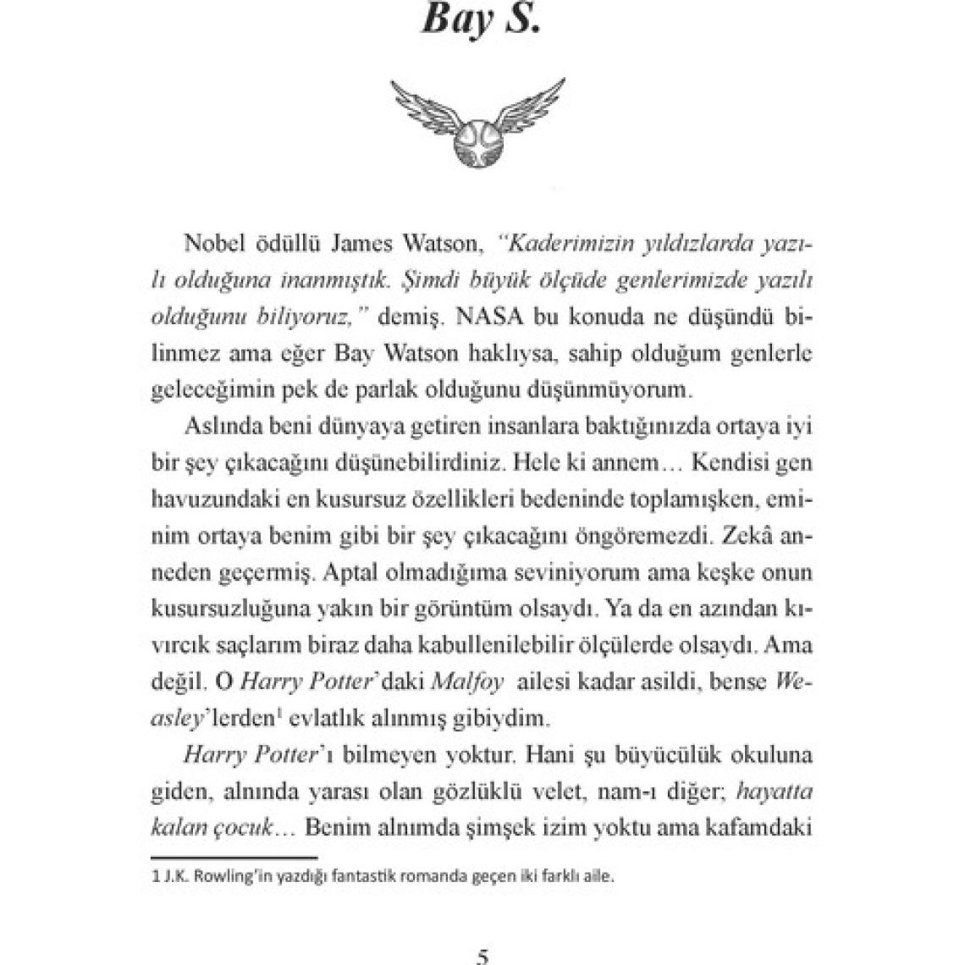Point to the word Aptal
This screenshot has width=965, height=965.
coord(348,572)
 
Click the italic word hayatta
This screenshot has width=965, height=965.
coord(775,791)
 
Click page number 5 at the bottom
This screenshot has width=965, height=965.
coord(482,957)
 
